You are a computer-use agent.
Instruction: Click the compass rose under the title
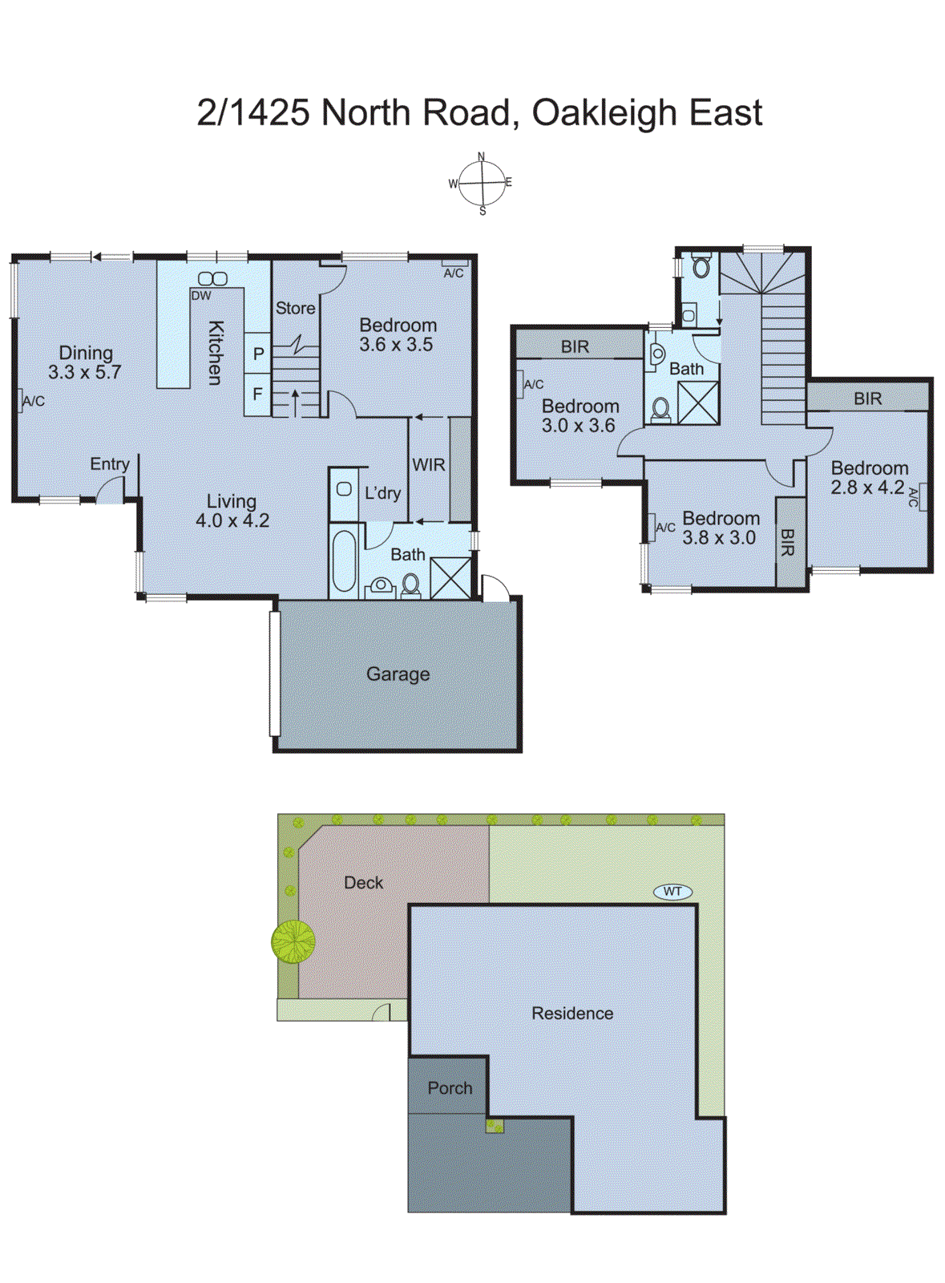tap(482, 184)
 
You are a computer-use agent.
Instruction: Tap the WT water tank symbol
tap(672, 891)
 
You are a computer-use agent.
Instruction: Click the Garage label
tap(398, 674)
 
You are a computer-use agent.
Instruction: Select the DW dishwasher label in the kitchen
tap(201, 296)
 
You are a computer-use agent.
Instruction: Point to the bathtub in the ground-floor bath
tap(344, 561)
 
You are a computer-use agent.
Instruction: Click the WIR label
tap(428, 465)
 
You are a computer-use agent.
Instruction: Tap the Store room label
tap(295, 308)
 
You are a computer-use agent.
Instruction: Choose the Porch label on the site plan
tap(450, 1088)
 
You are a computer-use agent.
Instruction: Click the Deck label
tap(363, 883)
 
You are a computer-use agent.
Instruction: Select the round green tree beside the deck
tap(293, 941)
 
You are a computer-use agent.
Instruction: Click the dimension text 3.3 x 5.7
tap(84, 372)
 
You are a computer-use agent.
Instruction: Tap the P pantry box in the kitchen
tap(258, 354)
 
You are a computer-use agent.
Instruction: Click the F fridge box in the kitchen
tap(257, 395)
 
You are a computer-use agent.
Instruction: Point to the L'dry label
tap(382, 493)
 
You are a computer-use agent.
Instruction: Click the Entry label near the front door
tap(109, 464)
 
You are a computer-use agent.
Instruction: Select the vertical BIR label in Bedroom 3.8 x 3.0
tap(787, 542)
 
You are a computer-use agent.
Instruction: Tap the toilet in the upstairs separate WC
tap(701, 266)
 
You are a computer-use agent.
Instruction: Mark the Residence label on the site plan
tap(572, 1014)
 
